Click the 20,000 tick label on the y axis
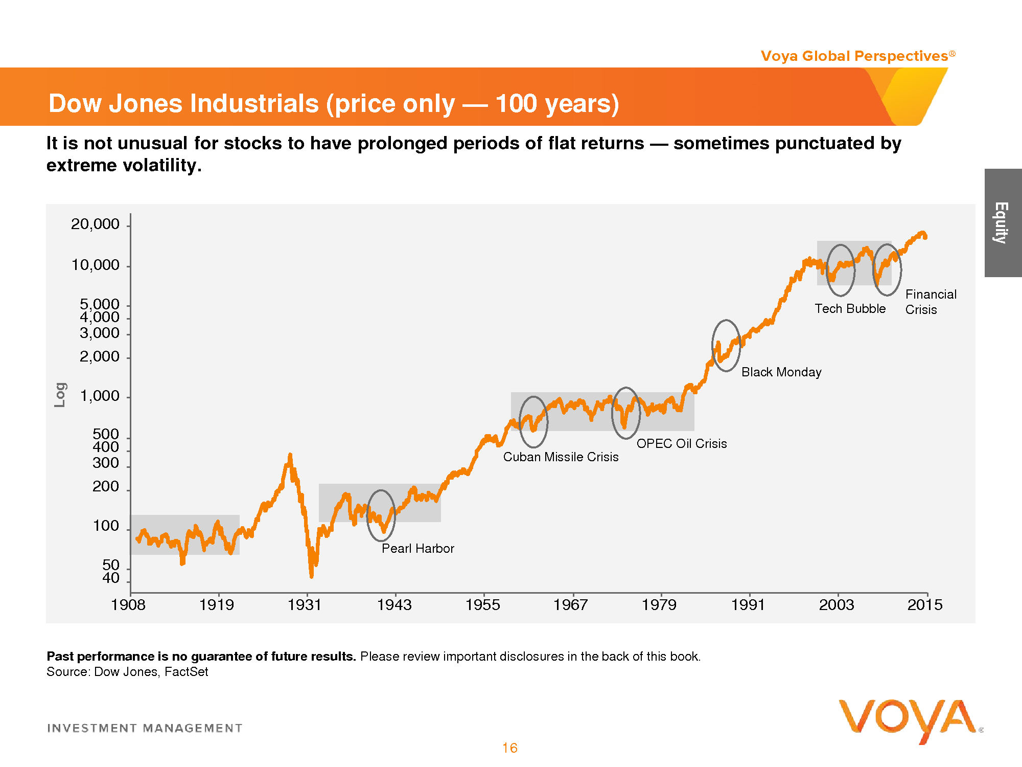pyautogui.click(x=95, y=224)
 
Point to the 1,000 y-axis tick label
pyautogui.click(x=100, y=396)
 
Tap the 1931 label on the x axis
pyautogui.click(x=305, y=605)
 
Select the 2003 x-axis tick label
pyautogui.click(x=837, y=605)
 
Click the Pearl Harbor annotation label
pyautogui.click(x=417, y=548)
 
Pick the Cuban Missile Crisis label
pyautogui.click(x=561, y=457)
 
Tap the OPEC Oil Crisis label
pyautogui.click(x=681, y=443)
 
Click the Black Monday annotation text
pyautogui.click(x=781, y=372)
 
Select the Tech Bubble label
pyautogui.click(x=850, y=308)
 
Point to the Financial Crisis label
pyautogui.click(x=931, y=302)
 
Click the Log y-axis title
pyautogui.click(x=60, y=395)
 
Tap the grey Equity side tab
pyautogui.click(x=1003, y=223)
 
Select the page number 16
pyautogui.click(x=509, y=748)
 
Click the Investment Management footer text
pyautogui.click(x=145, y=728)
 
